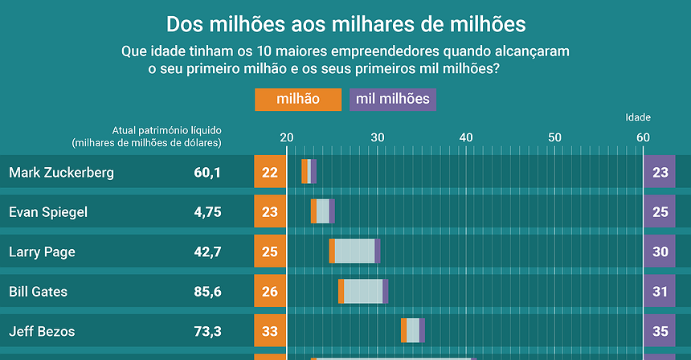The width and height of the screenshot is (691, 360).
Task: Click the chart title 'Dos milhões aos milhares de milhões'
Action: [x=345, y=22]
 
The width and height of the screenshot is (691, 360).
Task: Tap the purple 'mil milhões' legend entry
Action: [x=393, y=100]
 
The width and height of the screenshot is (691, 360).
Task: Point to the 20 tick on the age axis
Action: [x=287, y=137]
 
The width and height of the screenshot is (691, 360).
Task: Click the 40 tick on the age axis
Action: [x=465, y=137]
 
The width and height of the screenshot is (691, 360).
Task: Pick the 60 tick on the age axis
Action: [x=644, y=137]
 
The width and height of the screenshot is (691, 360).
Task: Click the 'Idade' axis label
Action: [x=638, y=117]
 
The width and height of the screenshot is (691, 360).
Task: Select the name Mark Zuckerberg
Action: [x=61, y=172]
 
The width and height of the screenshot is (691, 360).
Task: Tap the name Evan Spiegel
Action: [x=48, y=212]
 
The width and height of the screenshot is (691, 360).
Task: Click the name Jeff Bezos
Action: [x=42, y=330]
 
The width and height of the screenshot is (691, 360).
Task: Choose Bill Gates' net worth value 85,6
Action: [x=207, y=291]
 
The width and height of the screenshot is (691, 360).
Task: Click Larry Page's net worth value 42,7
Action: [x=207, y=252]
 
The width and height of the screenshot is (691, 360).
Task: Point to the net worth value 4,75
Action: [x=207, y=212]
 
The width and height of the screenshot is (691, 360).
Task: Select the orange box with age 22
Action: [x=270, y=172]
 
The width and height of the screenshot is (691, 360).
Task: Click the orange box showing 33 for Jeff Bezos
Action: [x=270, y=330]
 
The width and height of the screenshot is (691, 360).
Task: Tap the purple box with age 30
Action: [x=660, y=252]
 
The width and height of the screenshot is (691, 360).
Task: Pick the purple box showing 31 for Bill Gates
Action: [x=660, y=291]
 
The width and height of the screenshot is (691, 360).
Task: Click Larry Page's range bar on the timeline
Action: [x=354, y=252]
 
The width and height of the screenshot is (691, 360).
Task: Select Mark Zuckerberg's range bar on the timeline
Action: [x=309, y=172]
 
